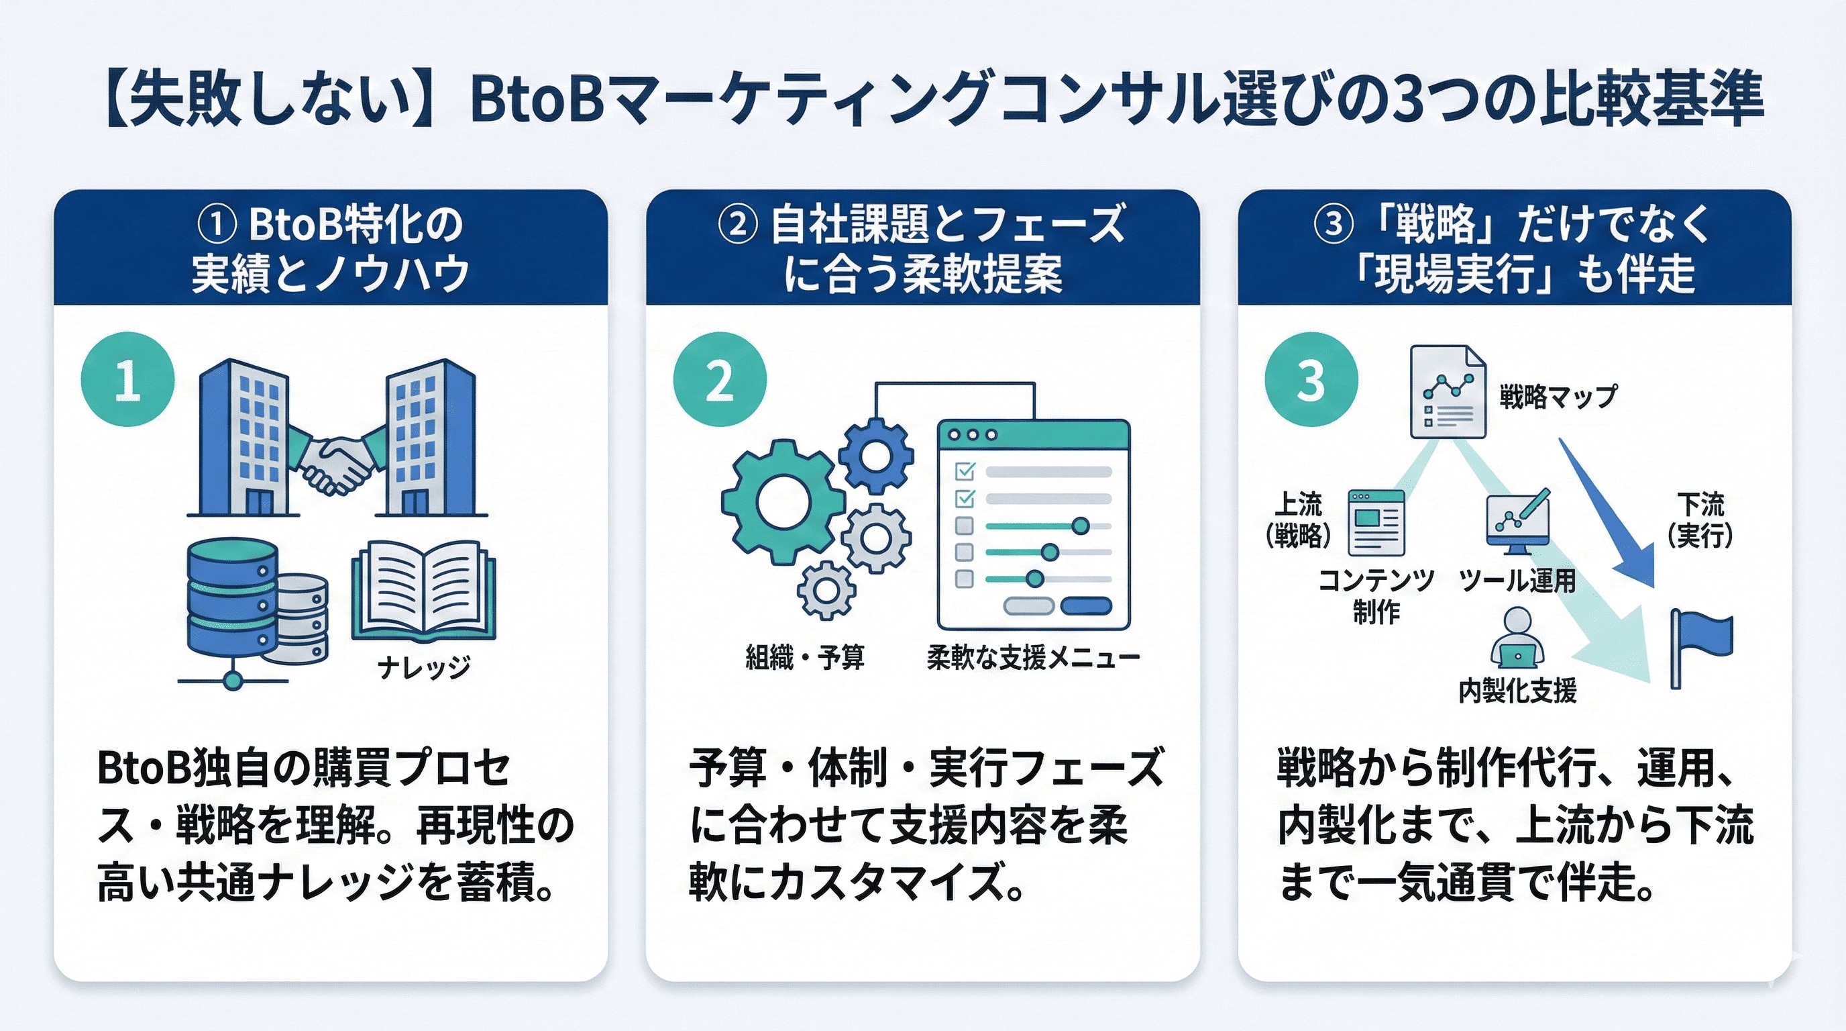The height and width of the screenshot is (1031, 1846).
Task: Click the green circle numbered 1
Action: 127,379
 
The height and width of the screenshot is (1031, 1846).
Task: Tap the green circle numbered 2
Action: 720,379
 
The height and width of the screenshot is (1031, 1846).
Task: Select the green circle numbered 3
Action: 1311,379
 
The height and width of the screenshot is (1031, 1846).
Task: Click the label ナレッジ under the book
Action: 423,667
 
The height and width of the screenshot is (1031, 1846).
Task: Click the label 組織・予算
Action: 805,656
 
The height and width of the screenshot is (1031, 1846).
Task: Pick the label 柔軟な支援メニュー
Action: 1032,656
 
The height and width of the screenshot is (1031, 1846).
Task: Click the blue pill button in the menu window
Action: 1086,606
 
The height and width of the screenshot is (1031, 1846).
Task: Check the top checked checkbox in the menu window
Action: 965,471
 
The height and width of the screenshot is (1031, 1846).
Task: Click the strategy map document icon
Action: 1447,392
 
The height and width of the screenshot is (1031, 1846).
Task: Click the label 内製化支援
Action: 1517,691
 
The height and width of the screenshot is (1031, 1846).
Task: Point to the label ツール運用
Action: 1517,580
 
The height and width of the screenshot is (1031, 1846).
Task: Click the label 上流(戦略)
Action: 1298,520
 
